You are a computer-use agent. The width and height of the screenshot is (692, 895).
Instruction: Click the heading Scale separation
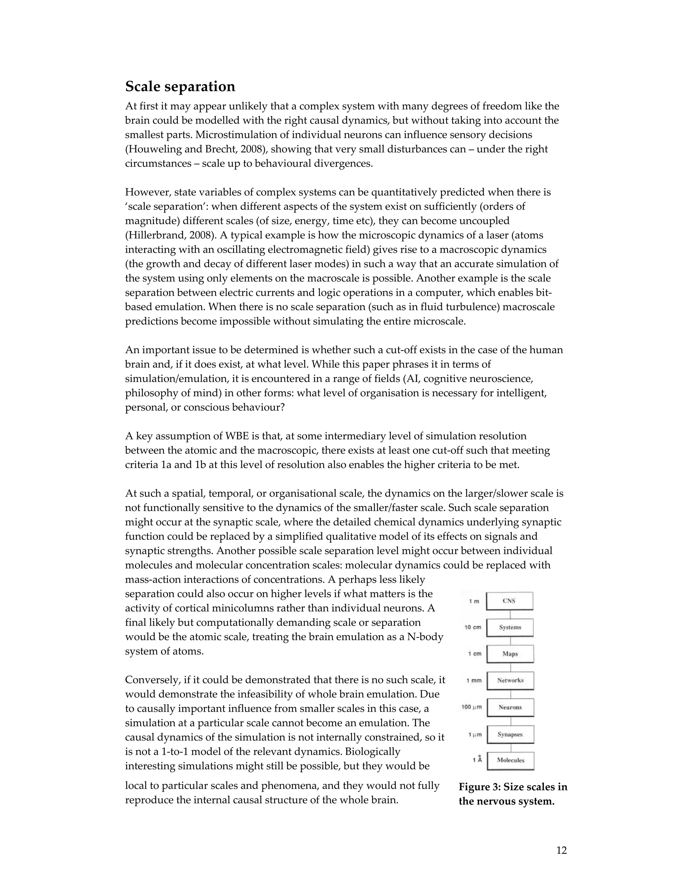pos(180,87)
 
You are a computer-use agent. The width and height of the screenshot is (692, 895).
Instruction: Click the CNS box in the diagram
pos(510,601)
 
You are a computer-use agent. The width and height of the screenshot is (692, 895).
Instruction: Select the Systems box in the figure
pos(510,628)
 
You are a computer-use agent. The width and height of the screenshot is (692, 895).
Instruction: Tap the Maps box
pos(510,654)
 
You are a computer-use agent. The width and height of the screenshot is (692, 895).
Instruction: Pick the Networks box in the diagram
pos(510,681)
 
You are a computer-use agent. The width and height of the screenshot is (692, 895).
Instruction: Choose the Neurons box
pos(510,707)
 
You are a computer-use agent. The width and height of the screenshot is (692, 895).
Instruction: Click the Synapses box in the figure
pos(510,734)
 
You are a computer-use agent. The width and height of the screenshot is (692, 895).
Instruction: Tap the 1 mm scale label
pos(474,681)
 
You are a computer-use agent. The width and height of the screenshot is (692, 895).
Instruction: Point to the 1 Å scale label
pos(477,760)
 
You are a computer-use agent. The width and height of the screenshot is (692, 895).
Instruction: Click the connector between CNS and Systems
pos(510,615)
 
